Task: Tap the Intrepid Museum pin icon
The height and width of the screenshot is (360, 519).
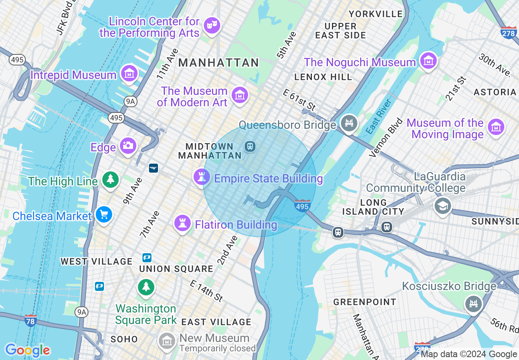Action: point(129,74)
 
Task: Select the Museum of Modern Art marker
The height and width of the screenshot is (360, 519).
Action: point(240,95)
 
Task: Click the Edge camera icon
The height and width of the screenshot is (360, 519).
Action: point(128,145)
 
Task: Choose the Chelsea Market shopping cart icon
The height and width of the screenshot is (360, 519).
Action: point(104,214)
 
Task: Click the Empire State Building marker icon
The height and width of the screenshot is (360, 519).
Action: point(201,177)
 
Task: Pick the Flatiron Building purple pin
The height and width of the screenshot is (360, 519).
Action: point(183,223)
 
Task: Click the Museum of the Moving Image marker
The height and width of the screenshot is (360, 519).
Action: point(496,127)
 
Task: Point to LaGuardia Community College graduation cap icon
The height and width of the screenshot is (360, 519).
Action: point(442,206)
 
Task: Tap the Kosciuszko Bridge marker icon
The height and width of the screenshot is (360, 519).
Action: point(474,304)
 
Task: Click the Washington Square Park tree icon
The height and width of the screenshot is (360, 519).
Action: point(146,286)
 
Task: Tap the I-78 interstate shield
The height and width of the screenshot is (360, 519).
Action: point(31,320)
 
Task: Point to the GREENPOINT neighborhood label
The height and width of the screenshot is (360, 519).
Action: point(365,302)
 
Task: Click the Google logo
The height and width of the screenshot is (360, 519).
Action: point(27,350)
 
